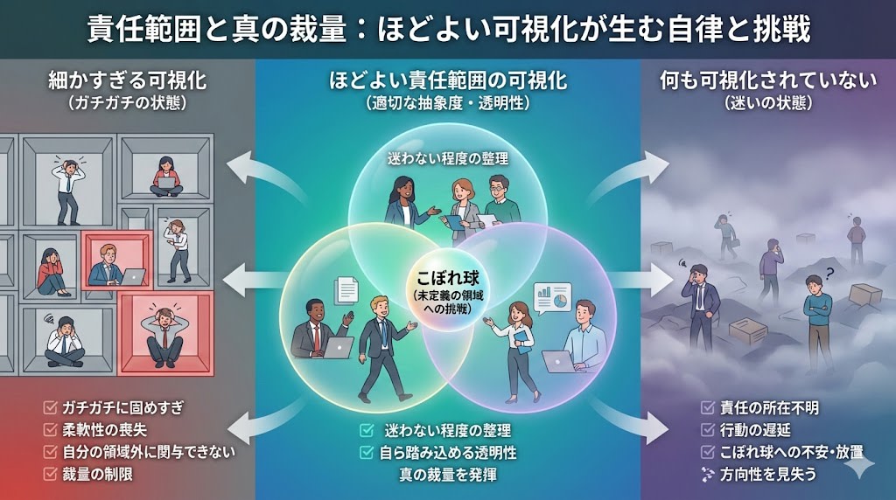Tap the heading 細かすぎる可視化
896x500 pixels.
(x=127, y=82)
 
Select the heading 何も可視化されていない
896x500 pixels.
(x=767, y=82)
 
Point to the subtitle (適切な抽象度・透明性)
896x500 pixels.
(x=448, y=102)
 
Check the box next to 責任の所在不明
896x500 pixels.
(x=708, y=407)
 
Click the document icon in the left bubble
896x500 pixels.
(x=346, y=290)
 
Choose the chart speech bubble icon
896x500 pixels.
(x=552, y=298)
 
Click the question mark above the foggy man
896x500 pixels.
(x=828, y=271)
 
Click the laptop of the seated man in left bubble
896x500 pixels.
(x=338, y=348)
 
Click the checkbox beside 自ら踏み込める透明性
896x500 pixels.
(x=367, y=452)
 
